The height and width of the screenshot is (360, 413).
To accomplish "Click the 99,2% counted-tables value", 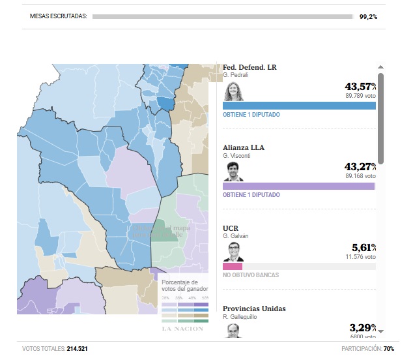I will (367, 16).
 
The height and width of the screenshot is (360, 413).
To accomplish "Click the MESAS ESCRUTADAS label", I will (59, 16).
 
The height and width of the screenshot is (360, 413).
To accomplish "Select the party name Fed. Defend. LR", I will (249, 67).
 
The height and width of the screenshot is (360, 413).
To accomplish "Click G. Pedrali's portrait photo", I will (233, 91).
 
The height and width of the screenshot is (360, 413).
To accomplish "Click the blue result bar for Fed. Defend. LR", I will (299, 106).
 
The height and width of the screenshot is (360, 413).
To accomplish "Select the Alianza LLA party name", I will (244, 147).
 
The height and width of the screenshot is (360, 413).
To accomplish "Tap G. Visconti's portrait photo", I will (233, 172).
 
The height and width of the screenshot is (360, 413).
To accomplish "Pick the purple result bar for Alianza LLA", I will (299, 186).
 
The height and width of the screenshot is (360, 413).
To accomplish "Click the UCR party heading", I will (231, 228).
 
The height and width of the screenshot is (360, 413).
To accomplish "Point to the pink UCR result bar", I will (233, 266).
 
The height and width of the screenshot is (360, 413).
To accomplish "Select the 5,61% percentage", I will (363, 248).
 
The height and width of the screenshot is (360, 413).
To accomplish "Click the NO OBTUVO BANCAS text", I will (251, 275).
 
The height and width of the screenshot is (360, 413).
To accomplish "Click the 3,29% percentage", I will (363, 328).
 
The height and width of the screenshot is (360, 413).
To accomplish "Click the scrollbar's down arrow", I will (380, 331).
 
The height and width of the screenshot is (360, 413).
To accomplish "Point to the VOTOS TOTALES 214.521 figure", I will (55, 349).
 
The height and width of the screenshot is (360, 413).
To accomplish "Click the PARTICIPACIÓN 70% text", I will (367, 349).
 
